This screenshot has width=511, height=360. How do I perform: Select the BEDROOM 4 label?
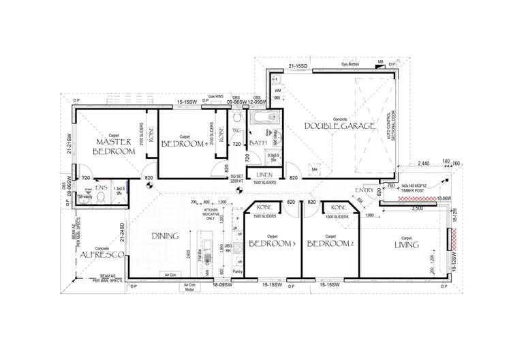[x=183, y=145]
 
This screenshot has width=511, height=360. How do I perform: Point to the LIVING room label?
[x=405, y=244]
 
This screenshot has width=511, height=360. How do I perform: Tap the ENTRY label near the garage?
[x=365, y=190]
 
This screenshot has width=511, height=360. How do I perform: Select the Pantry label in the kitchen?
[x=237, y=271]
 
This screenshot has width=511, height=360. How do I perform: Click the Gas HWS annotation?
[x=217, y=97]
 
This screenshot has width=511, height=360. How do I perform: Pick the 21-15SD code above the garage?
[x=298, y=66]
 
